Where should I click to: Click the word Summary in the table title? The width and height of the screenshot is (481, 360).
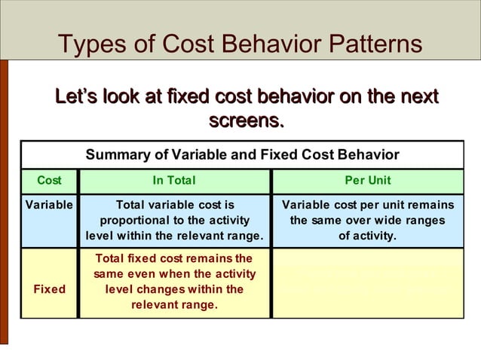point(115,155)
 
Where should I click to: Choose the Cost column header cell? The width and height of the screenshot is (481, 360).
point(50,181)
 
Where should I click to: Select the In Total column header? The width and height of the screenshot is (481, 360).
point(174,181)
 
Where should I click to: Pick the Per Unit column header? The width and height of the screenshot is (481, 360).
point(367,181)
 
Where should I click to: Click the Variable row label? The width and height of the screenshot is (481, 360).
point(50,206)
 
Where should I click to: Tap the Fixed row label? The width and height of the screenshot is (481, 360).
point(50,289)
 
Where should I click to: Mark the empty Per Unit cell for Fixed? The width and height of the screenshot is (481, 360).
point(367,283)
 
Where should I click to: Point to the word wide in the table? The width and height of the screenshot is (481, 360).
point(389,221)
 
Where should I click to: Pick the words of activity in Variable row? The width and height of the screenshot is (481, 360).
point(367,236)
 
